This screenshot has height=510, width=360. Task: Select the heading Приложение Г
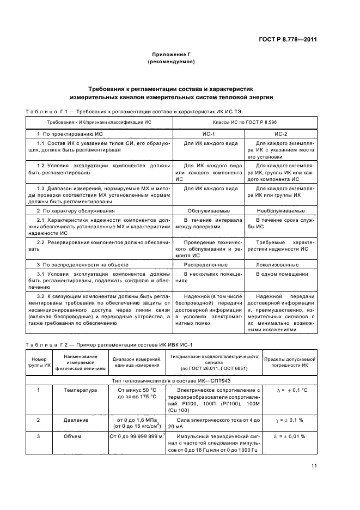pos(171,54)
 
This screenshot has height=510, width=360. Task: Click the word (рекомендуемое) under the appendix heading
pos(171,62)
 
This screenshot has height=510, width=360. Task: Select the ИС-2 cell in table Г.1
pos(280,133)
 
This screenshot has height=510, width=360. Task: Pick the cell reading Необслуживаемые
pos(280,210)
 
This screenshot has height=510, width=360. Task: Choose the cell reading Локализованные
pos(280,264)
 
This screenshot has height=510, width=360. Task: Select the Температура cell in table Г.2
pos(80,390)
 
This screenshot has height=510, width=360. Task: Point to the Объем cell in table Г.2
pos(73,436)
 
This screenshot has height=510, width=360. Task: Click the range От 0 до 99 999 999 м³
pos(137,436)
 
